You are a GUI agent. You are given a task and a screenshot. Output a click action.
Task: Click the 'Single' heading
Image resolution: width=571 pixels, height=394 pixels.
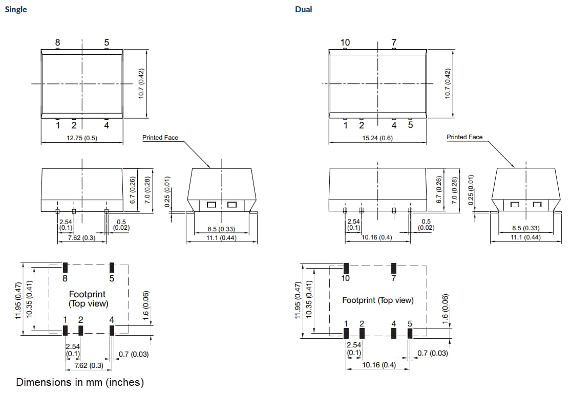(x=15, y=9)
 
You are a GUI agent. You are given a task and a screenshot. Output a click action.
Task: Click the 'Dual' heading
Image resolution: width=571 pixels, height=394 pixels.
(x=303, y=9)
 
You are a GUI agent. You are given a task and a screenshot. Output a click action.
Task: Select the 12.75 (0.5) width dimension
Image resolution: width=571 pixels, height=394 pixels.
(x=82, y=138)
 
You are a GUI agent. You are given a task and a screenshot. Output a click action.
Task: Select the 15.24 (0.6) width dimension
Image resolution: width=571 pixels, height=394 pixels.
(x=377, y=138)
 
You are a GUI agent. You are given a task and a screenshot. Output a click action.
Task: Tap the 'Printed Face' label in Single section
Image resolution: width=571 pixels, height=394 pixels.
(x=160, y=137)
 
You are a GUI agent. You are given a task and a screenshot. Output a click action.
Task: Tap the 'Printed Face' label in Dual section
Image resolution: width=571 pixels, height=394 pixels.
(x=464, y=137)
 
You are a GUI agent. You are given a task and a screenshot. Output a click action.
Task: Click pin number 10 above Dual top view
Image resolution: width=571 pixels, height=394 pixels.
(x=345, y=42)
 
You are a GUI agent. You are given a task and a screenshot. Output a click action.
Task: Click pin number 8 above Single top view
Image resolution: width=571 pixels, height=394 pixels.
(x=57, y=42)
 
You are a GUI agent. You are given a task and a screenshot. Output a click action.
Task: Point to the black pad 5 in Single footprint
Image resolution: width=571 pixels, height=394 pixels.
(x=112, y=267)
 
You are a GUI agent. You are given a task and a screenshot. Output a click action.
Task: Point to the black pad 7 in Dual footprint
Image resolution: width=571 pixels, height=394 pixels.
(x=394, y=268)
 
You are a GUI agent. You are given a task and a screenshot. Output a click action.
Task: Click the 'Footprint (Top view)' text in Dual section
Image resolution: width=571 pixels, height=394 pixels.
(x=377, y=300)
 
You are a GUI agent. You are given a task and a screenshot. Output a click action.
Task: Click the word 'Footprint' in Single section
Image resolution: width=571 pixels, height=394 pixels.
(x=87, y=294)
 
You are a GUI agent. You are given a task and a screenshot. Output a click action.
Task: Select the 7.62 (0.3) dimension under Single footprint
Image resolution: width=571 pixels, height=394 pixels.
(x=89, y=365)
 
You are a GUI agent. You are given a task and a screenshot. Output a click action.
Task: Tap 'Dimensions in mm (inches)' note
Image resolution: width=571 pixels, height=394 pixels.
(x=80, y=382)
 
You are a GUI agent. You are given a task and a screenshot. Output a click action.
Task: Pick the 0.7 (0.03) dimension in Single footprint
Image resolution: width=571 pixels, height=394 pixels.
(x=133, y=354)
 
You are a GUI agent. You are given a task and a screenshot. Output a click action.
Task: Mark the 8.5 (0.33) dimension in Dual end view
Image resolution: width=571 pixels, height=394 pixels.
(x=525, y=228)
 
